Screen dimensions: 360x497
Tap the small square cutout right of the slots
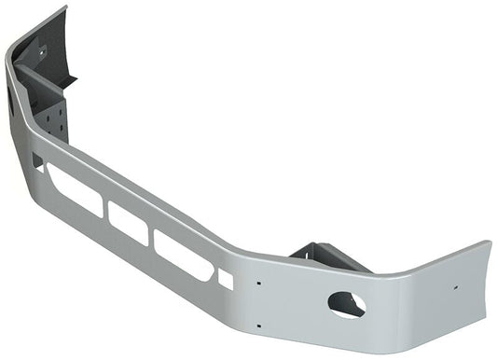(225, 277)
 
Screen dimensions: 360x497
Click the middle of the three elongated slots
(128, 223)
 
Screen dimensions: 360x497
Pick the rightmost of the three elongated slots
(183, 256)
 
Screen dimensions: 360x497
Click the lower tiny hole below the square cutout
(257, 324)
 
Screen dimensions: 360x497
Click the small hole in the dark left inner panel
(42, 53)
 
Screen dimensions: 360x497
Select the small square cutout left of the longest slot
(37, 161)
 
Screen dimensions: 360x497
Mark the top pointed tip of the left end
(65, 7)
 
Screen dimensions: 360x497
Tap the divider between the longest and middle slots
(105, 210)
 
